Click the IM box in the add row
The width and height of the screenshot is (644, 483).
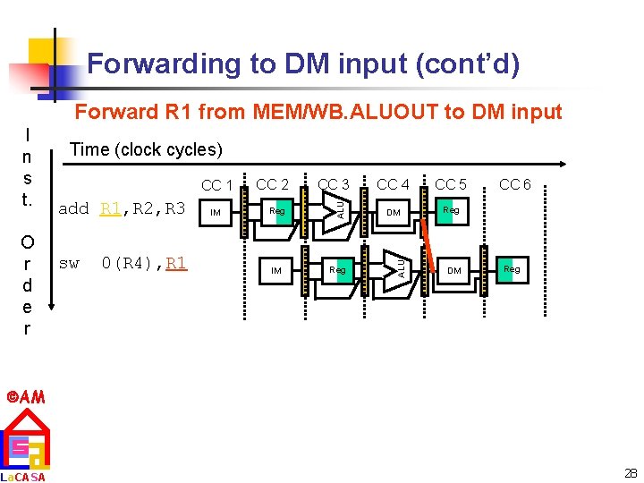pyautogui.click(x=215, y=213)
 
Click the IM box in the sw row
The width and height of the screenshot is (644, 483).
pyautogui.click(x=277, y=270)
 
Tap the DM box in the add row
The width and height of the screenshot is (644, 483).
pyautogui.click(x=393, y=213)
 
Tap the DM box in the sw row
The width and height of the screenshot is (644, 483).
pyautogui.click(x=454, y=270)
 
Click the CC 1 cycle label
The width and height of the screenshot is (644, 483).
pyautogui.click(x=216, y=186)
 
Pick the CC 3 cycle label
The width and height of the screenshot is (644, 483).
pyautogui.click(x=334, y=185)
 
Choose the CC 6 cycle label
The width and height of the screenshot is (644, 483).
pyautogui.click(x=514, y=185)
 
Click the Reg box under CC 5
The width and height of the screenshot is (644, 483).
pyautogui.click(x=451, y=211)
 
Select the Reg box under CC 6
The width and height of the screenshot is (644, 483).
pyautogui.click(x=511, y=268)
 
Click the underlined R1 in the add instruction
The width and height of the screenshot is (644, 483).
pyautogui.click(x=110, y=209)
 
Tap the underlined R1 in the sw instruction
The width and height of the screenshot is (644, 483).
pyautogui.click(x=176, y=263)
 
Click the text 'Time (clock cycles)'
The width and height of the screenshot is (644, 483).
pyautogui.click(x=146, y=149)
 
